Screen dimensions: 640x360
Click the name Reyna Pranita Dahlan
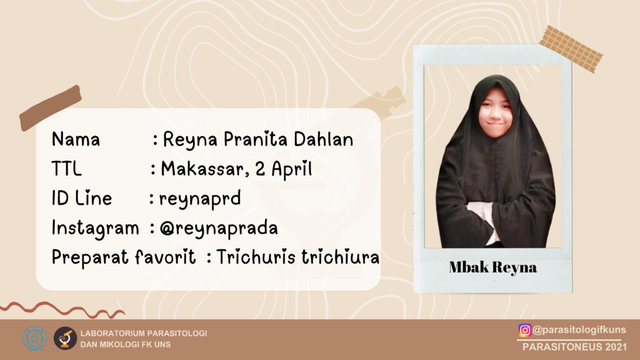[258, 139]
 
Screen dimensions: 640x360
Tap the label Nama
[76, 139]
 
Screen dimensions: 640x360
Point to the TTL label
[66, 169]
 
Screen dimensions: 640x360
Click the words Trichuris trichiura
[298, 257]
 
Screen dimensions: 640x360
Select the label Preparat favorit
[124, 257]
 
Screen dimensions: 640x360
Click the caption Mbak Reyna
[492, 267]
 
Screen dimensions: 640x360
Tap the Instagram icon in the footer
[524, 330]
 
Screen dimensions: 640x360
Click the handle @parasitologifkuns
[579, 330]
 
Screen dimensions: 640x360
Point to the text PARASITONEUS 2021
[575, 347]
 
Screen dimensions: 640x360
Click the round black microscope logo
[65, 338]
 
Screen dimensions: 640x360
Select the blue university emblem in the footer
[35, 338]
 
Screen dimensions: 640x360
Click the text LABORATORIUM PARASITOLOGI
[144, 334]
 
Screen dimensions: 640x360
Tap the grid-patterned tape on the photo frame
[571, 49]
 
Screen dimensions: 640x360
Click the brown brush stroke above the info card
[51, 108]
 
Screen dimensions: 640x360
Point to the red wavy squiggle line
[62, 310]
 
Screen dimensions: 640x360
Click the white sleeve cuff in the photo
[484, 216]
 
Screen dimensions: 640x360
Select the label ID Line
[82, 198]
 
